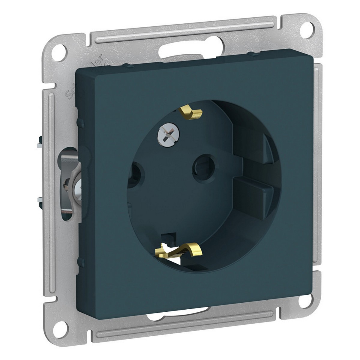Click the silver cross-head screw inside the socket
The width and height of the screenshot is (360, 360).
(x=164, y=132)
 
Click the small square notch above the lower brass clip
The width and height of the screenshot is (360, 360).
(x=169, y=237)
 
